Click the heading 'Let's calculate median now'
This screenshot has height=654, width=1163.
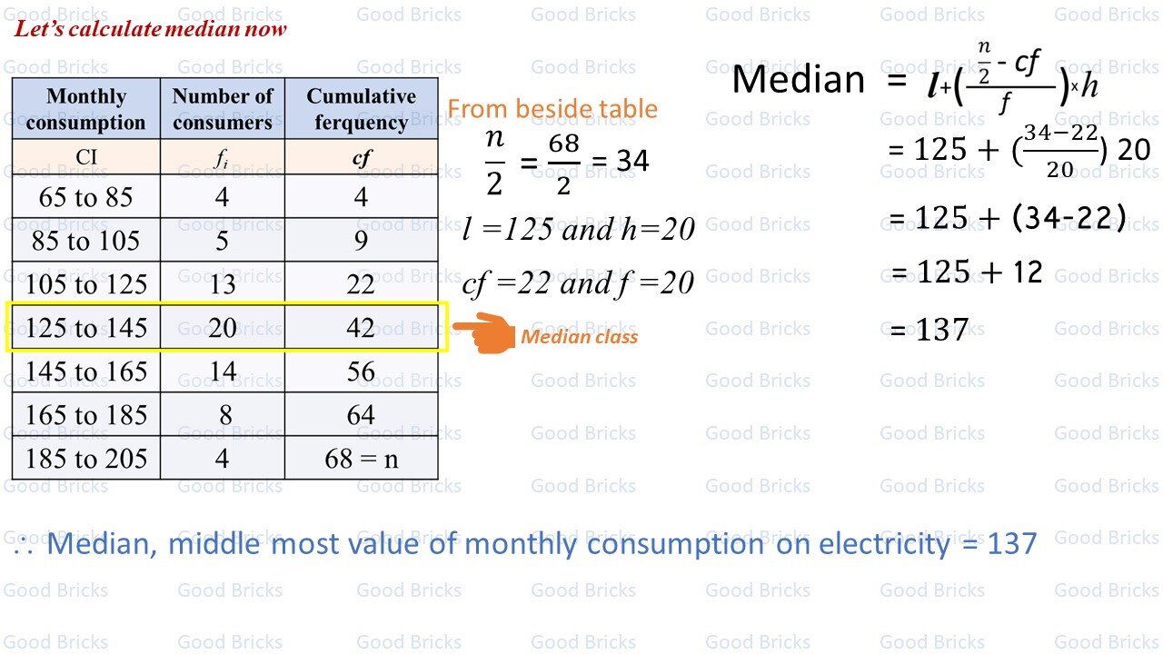point(150,28)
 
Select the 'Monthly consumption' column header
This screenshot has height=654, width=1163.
point(86,108)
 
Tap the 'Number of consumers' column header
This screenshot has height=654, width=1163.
point(223,108)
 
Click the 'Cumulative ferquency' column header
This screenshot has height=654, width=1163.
point(362,108)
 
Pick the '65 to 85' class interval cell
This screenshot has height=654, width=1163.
point(86,196)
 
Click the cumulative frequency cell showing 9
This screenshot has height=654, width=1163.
point(362,240)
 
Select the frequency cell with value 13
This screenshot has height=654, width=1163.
point(223,283)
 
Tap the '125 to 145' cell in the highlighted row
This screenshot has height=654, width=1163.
point(86,327)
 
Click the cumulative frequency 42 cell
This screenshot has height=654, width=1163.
point(362,327)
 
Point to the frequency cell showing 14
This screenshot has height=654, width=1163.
point(223,371)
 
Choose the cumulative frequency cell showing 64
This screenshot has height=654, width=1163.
point(362,414)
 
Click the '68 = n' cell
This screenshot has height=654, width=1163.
point(362,458)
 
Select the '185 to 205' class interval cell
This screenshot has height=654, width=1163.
point(86,458)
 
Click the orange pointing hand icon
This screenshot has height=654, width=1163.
point(484,332)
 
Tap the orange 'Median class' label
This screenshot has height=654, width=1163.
point(579,337)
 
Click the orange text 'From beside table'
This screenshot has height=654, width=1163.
point(552,108)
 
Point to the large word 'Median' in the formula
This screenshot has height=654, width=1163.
point(798,80)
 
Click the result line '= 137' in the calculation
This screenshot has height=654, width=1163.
point(929,329)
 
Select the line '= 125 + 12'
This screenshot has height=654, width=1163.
point(967,272)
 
